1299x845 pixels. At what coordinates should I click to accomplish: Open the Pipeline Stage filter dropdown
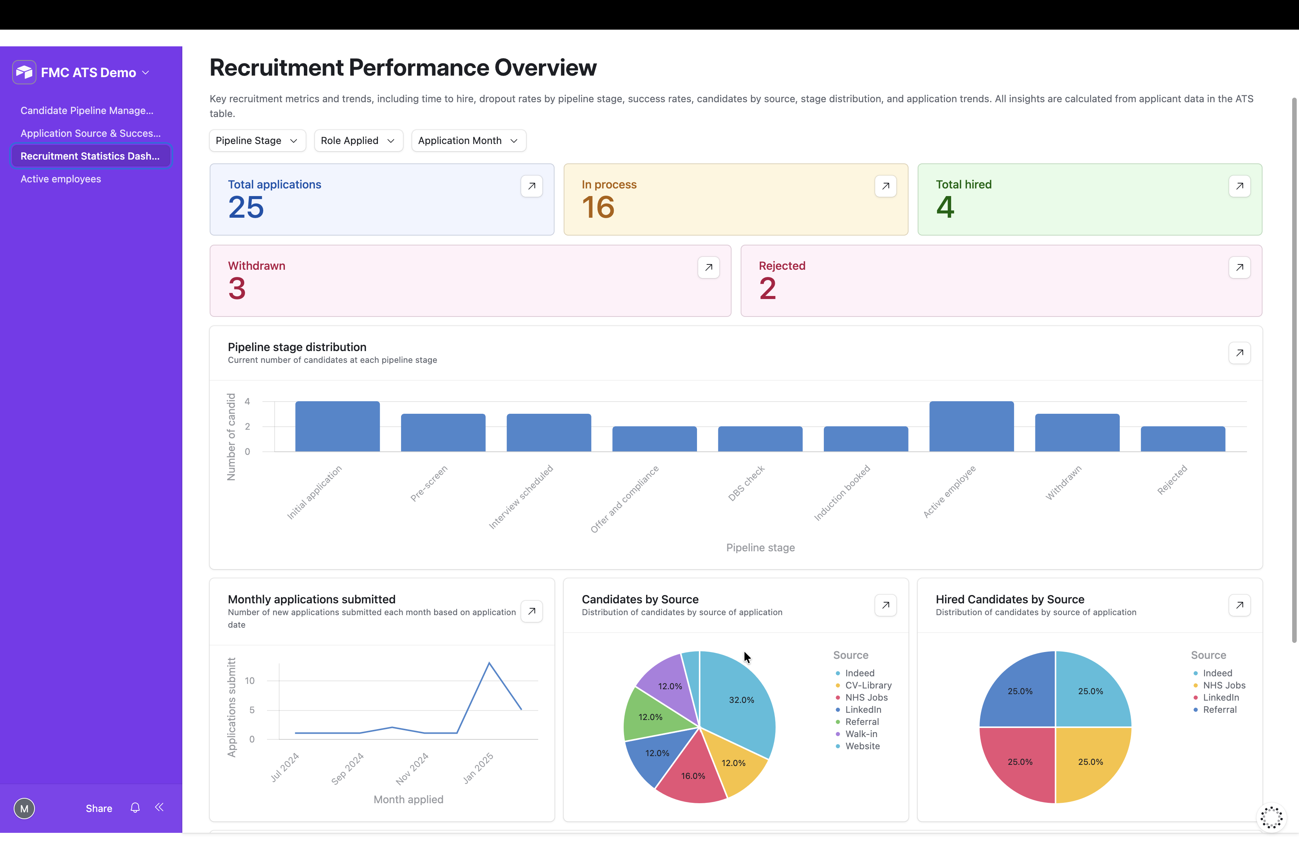[x=257, y=141]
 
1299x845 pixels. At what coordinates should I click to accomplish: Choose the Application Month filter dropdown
[x=468, y=141]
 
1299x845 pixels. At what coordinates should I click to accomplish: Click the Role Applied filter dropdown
[x=358, y=141]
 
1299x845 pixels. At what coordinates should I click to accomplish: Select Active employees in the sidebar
[x=61, y=179]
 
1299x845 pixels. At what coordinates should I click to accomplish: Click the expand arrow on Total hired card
[x=1239, y=186]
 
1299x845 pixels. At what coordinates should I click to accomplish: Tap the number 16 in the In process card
[x=598, y=207]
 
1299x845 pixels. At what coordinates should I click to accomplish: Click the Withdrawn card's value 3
[x=237, y=288]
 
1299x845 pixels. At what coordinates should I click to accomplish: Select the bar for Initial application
[x=337, y=426]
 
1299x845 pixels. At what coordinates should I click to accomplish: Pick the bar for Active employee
[x=972, y=426]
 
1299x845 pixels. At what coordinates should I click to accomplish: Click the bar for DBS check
[x=760, y=439]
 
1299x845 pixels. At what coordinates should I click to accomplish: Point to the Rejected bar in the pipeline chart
[x=1183, y=439]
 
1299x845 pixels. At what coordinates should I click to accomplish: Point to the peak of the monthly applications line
[x=489, y=663]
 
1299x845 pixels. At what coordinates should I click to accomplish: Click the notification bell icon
[x=135, y=808]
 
